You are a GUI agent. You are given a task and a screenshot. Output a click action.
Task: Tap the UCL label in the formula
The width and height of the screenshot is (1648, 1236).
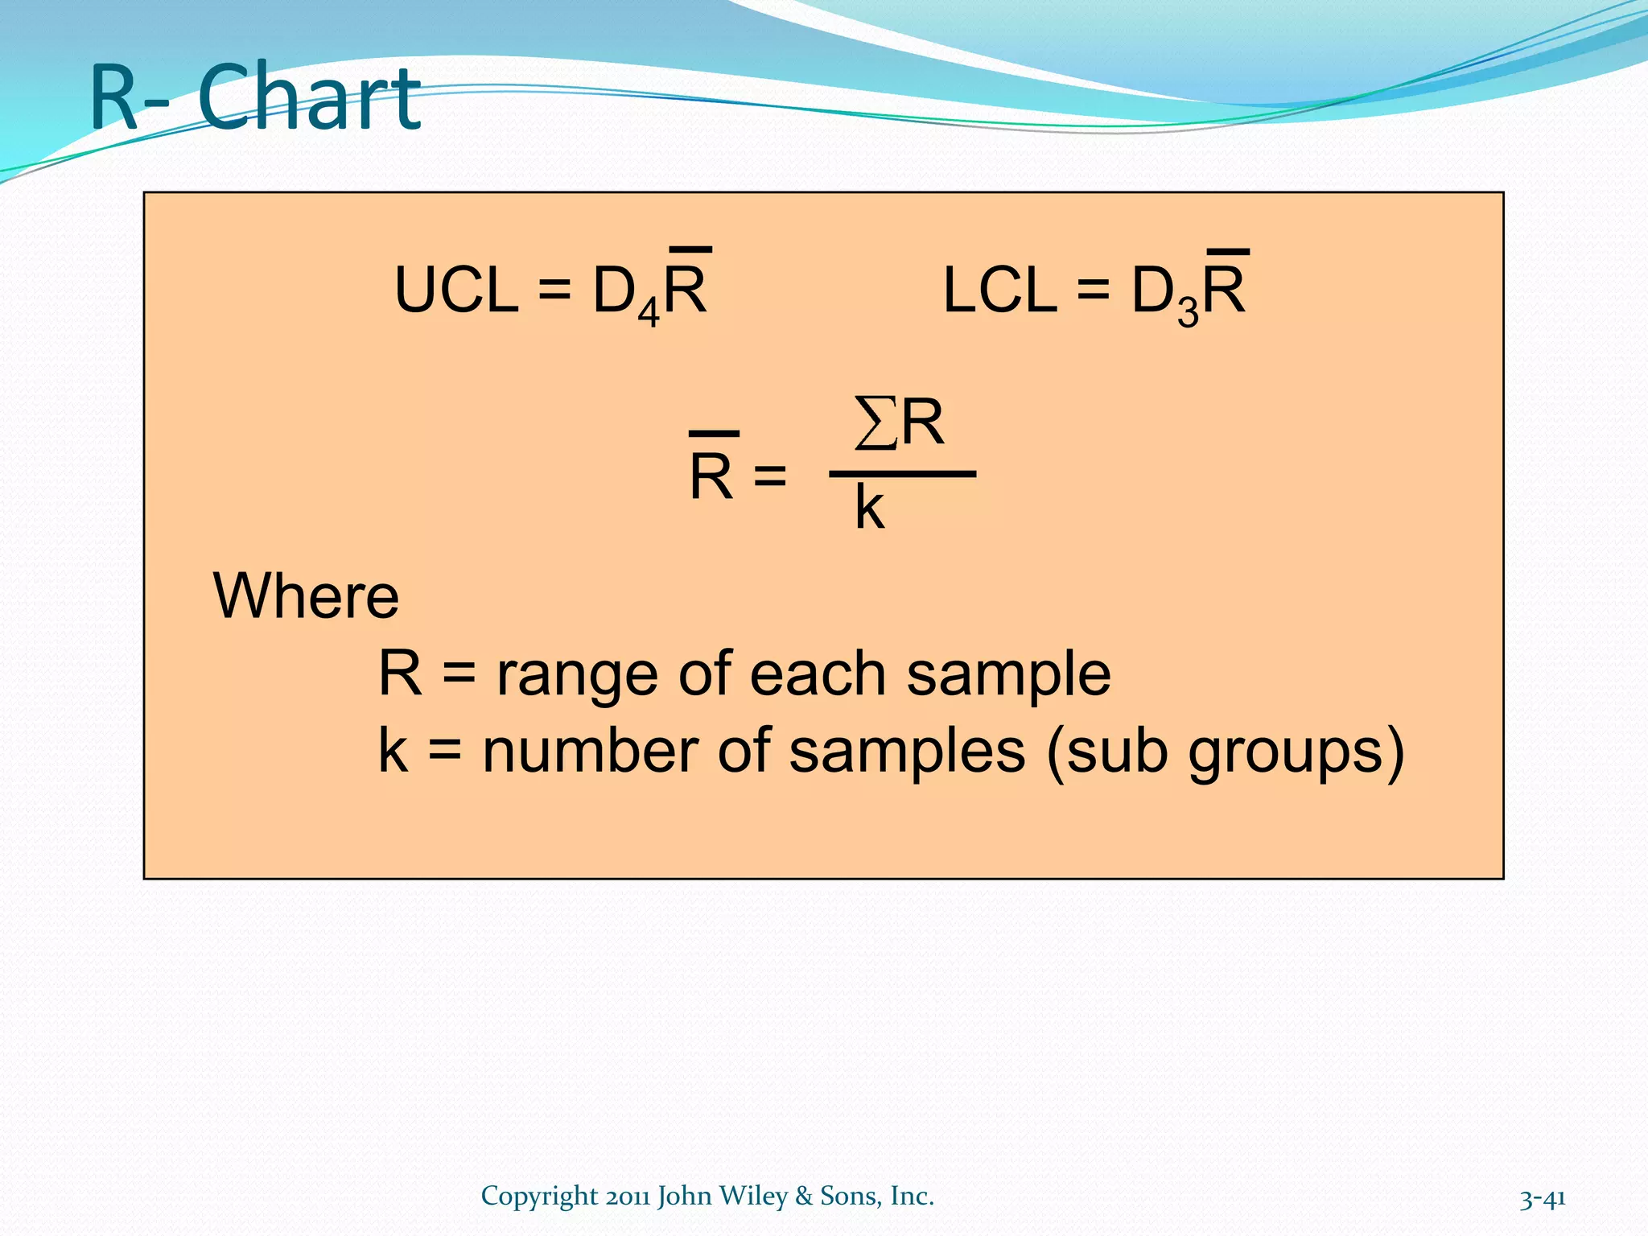pyautogui.click(x=456, y=290)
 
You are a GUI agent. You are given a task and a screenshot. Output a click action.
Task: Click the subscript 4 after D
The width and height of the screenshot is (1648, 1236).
pyautogui.click(x=649, y=313)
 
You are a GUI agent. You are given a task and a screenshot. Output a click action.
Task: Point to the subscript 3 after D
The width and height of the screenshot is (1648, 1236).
pyautogui.click(x=1188, y=313)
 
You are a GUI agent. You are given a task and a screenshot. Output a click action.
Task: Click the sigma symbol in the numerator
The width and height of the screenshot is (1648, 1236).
pyautogui.click(x=875, y=423)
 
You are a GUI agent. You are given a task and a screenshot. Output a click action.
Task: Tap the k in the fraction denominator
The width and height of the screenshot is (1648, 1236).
pyautogui.click(x=869, y=508)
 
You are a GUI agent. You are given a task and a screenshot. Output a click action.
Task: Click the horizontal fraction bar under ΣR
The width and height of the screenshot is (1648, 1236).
pyautogui.click(x=902, y=475)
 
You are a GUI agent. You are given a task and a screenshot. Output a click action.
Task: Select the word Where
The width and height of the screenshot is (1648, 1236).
pyautogui.click(x=306, y=596)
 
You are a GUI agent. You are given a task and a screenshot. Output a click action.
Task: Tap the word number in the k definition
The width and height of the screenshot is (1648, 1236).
pyautogui.click(x=589, y=752)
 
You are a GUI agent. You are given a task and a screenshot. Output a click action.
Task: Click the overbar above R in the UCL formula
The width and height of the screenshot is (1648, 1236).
pyautogui.click(x=690, y=250)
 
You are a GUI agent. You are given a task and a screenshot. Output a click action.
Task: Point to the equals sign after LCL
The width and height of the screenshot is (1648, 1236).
pyautogui.click(x=1093, y=290)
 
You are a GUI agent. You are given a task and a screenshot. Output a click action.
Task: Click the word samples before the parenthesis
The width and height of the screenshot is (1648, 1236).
pyautogui.click(x=907, y=752)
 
